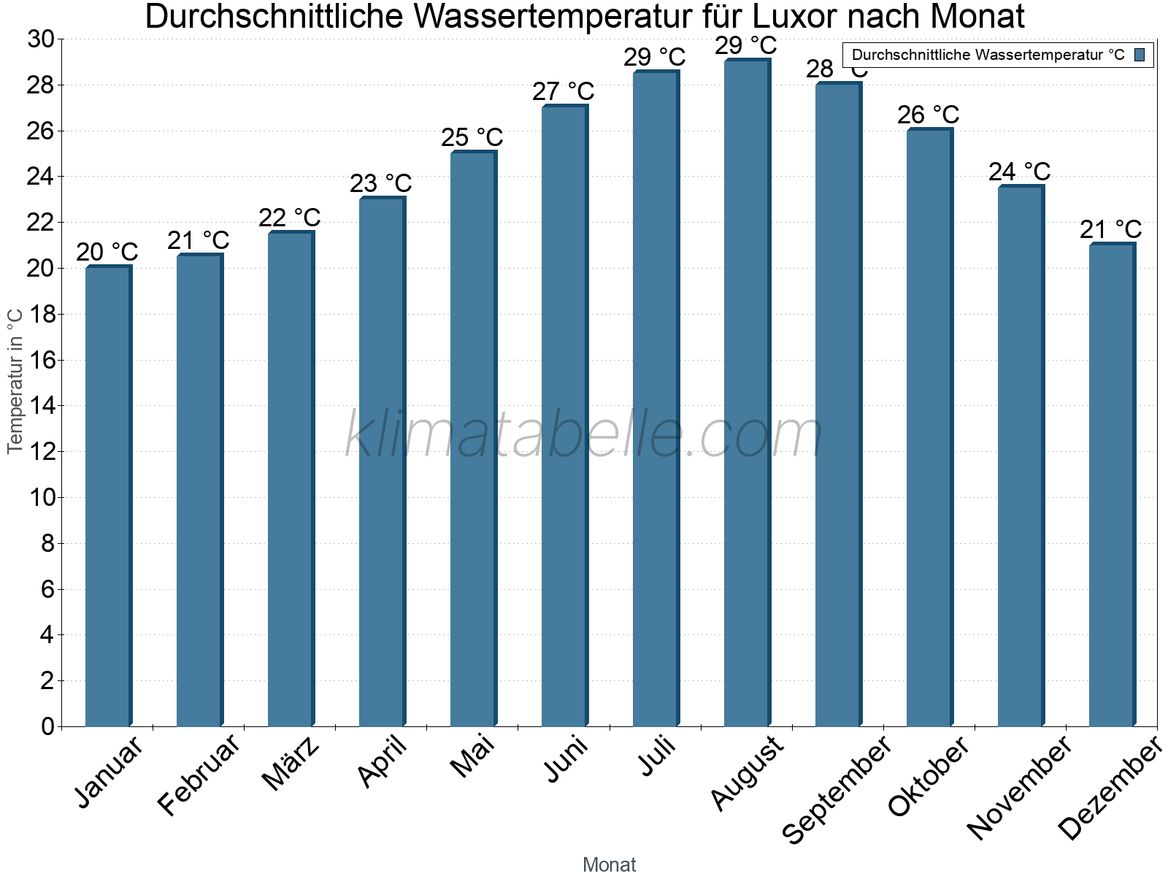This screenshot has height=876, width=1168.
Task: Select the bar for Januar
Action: [108, 496]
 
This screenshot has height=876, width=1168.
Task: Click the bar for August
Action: [747, 394]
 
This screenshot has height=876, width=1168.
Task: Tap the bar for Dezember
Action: [1112, 485]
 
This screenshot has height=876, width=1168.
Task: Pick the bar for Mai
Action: [473, 438]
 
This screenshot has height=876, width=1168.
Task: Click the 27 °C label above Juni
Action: [563, 92]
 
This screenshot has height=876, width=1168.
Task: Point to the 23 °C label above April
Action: [380, 183]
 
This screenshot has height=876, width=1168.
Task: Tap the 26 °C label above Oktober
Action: [928, 115]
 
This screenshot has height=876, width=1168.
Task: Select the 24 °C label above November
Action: [1019, 172]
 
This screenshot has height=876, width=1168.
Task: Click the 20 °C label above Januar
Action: [107, 253]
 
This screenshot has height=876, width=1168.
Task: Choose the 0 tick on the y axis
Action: [47, 726]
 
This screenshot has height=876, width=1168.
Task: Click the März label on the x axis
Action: [291, 764]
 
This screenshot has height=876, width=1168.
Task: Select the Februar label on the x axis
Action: [199, 774]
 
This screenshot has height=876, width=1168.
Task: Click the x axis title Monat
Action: [609, 865]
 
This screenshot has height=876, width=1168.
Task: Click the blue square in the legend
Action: [1140, 55]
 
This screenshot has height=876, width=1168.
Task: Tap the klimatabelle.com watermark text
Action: [584, 435]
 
